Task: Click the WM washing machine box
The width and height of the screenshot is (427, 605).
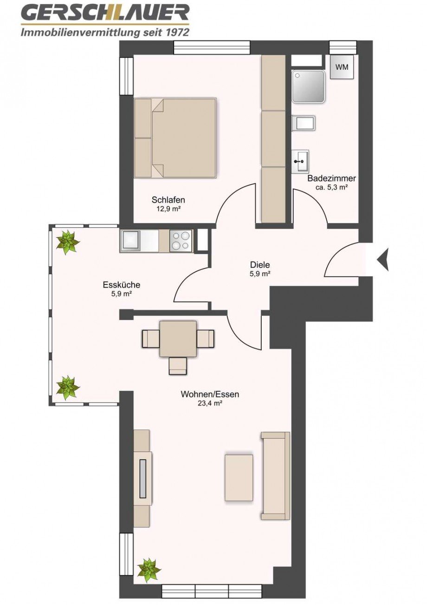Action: tap(342, 67)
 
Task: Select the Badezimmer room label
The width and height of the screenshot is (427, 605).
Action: tap(331, 178)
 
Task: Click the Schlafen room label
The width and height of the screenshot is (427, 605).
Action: tap(168, 200)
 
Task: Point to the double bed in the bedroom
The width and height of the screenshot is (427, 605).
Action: tap(175, 138)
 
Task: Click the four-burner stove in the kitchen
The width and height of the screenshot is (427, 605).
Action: tap(181, 241)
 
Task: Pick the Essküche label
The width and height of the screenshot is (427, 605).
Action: tap(122, 285)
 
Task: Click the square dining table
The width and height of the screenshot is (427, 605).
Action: tap(178, 338)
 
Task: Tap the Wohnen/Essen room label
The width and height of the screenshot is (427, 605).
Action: tap(210, 395)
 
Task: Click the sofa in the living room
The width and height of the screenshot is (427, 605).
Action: tap(276, 475)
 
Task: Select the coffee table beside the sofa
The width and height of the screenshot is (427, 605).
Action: tap(239, 478)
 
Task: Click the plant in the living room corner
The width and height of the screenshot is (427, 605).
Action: tap(149, 570)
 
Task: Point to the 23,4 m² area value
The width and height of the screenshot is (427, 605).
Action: tap(210, 404)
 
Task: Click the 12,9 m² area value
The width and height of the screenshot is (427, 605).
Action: tap(168, 209)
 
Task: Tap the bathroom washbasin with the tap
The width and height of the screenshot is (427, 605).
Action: tap(300, 162)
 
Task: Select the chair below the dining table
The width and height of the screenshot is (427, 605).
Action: tap(177, 366)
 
